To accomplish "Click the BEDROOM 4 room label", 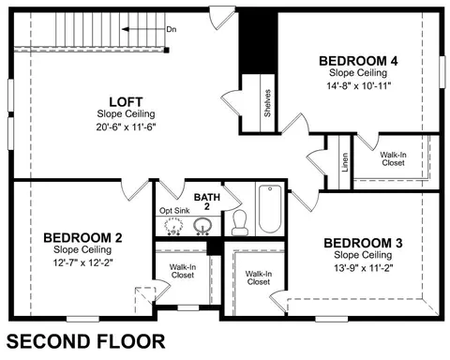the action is coord(358,61).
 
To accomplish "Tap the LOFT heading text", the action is coord(126,102).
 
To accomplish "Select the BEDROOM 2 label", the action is coord(82,238).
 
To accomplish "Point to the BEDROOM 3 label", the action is coord(363,243).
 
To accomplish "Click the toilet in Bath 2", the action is coord(240,223).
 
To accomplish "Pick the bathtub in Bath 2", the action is coord(270,209).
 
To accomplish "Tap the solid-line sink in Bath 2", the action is coord(202,225).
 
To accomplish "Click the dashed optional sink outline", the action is coord(173,226).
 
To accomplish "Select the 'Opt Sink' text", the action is coord(174,211).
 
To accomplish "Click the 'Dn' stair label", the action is coord(172,29).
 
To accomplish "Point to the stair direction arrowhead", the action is coord(125,29).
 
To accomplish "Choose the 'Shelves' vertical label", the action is coord(267,103).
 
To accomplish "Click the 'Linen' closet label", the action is coord(345,162).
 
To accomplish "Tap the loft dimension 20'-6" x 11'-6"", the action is coord(126,127).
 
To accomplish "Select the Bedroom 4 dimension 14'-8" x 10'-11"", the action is coord(359,86).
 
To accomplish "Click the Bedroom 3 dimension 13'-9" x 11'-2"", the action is coord(364,268).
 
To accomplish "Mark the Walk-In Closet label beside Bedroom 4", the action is coord(393,158).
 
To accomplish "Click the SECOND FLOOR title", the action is coord(85,341).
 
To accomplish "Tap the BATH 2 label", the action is coord(207,202).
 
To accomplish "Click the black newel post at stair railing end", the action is coord(167,50).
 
